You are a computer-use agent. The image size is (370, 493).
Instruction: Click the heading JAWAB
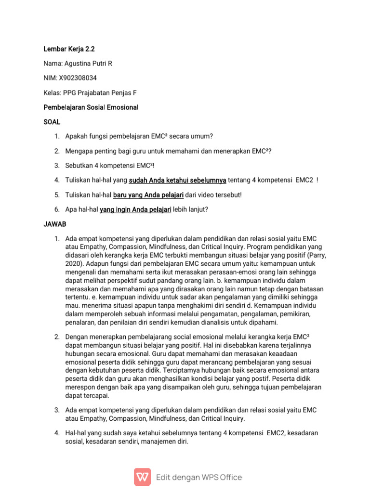coord(54,224)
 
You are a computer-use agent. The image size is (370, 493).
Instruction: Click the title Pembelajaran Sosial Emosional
coord(91,106)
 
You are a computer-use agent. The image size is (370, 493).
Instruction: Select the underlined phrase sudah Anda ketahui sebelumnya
coord(177,180)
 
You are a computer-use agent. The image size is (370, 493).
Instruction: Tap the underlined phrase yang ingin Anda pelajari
coord(135,209)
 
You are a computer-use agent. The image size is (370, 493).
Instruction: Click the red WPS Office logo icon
coord(142,477)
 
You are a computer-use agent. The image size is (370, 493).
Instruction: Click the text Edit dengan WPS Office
coord(199,477)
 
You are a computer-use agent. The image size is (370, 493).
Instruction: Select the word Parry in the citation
coord(315,256)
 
